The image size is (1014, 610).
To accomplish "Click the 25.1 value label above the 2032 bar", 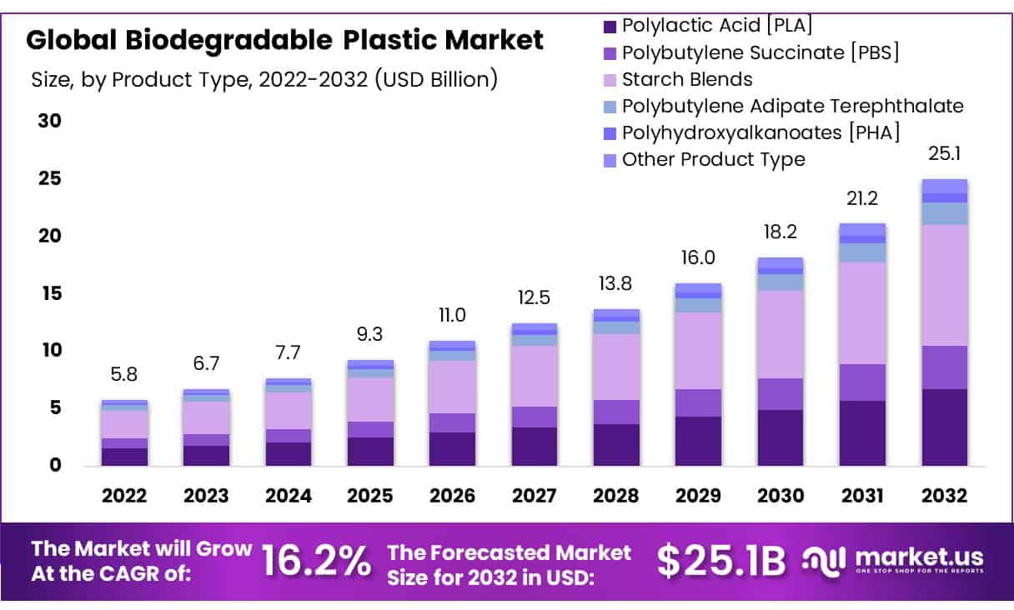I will [943, 155].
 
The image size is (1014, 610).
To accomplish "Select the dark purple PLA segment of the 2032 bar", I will [944, 427].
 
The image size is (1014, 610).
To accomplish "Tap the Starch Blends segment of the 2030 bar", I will [780, 334].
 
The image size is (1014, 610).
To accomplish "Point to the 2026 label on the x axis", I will [452, 496].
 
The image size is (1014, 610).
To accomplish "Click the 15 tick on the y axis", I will [50, 293].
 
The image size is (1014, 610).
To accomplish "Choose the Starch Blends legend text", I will [687, 80].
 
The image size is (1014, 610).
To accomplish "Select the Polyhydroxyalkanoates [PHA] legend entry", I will [760, 132].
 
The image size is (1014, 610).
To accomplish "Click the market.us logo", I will [892, 559].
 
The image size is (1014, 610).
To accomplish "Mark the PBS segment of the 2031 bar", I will [861, 382].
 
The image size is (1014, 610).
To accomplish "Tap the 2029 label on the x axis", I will [698, 496].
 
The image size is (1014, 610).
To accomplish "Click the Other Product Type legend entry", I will [713, 159].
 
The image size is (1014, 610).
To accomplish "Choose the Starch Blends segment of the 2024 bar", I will [289, 411].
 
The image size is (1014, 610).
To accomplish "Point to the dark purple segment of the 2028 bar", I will [616, 444].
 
